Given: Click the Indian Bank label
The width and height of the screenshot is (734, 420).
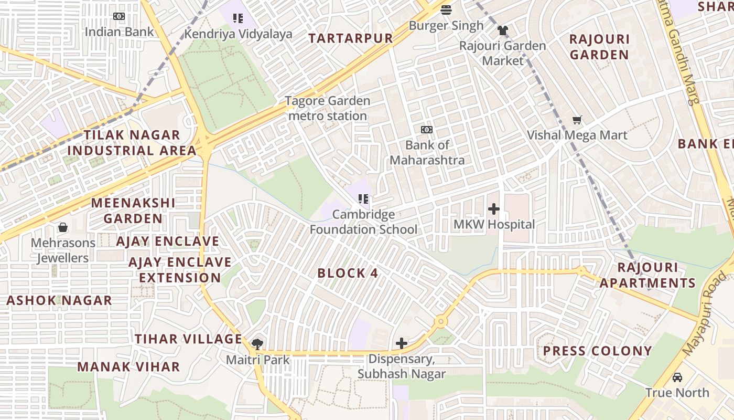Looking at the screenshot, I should pos(119,31).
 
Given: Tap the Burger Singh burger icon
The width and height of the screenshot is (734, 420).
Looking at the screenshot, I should pos(446,10).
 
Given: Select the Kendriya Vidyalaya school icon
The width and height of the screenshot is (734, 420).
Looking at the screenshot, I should pos(238,19).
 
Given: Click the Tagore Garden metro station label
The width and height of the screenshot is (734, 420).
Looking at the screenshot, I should pos(328,108).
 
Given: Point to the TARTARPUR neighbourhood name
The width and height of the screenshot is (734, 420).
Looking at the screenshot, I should pos(350,38).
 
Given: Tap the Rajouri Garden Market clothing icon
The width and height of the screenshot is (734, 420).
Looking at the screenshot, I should pos(503,30).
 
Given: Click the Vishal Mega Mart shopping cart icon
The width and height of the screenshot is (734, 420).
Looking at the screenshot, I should pos(577,120).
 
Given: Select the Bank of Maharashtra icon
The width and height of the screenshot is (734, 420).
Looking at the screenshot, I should pos(427,130).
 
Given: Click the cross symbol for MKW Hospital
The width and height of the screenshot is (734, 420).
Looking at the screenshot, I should pos(493,209).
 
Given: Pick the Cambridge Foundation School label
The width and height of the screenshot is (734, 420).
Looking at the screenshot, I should pos(363,222).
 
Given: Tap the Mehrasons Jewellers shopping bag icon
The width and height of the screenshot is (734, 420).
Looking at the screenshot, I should pos(63,227).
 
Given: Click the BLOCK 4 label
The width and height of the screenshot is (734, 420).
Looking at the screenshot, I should pos(348,273).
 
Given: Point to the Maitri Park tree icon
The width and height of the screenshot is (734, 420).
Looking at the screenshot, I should pos(257,344).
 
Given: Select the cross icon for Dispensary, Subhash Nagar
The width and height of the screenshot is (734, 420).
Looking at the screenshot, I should pos(402,343).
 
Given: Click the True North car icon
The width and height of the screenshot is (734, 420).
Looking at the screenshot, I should pos(677,377).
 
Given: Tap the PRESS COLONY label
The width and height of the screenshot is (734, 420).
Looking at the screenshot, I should pos(597,351).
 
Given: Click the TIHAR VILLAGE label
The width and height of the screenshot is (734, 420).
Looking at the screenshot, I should pos(188,339).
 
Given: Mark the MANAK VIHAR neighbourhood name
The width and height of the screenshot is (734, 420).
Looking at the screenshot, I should pos(128,366).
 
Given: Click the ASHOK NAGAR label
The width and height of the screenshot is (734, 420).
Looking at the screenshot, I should pos(59,301).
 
